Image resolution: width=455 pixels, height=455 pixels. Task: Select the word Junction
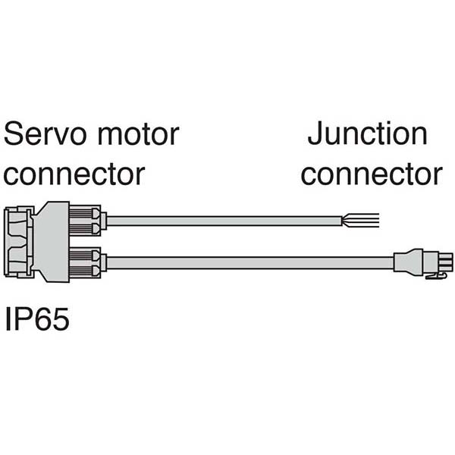pyautogui.click(x=368, y=135)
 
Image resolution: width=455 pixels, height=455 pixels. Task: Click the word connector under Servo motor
pyautogui.click(x=74, y=175)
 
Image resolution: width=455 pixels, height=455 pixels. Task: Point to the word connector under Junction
pyautogui.click(x=372, y=175)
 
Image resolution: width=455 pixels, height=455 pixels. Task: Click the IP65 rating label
pyautogui.click(x=38, y=319)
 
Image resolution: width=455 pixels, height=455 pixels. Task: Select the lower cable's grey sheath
pyautogui.click(x=250, y=262)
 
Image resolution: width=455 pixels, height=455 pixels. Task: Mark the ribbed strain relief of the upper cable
pyautogui.click(x=85, y=219)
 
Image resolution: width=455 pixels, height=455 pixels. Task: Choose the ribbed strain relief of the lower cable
pyautogui.click(x=85, y=262)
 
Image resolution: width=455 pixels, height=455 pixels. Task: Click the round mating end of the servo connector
pyautogui.click(x=19, y=241)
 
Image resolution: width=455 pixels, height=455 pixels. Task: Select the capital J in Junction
pyautogui.click(x=313, y=135)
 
